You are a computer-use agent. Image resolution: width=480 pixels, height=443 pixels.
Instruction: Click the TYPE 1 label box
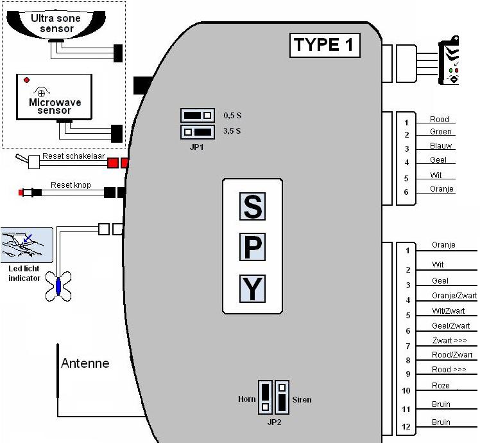[325, 45]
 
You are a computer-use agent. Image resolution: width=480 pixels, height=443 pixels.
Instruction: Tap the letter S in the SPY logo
[252, 206]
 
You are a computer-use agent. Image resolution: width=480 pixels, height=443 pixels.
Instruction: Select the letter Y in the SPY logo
[252, 289]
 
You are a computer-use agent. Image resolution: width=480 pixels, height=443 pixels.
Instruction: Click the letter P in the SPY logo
[252, 247]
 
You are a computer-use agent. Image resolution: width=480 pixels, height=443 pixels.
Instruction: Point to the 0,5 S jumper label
[232, 115]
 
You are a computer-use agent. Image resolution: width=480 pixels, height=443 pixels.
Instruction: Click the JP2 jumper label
[274, 422]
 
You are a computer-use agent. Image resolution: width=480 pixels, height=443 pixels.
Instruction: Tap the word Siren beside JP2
[302, 400]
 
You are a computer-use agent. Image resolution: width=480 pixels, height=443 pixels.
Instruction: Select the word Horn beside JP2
[246, 399]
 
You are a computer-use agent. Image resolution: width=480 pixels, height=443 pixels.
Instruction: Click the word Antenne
[85, 363]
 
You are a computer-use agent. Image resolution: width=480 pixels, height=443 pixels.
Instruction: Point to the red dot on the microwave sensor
[27, 80]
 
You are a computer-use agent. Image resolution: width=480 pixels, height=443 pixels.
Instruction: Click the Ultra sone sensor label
[56, 23]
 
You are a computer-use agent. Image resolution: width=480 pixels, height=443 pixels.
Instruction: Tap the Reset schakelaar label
[73, 156]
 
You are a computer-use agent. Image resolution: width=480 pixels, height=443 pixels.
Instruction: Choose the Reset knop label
[71, 185]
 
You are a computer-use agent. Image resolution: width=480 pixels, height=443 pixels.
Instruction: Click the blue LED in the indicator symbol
[58, 286]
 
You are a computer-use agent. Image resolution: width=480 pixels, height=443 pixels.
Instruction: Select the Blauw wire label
[441, 146]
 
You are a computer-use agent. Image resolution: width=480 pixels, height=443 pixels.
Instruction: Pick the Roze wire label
[441, 386]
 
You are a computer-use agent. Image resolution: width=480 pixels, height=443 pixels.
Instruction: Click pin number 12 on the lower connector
[406, 427]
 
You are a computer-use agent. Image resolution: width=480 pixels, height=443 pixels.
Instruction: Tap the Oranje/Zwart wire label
[454, 295]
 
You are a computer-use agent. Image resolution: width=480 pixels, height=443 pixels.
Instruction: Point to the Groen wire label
[441, 132]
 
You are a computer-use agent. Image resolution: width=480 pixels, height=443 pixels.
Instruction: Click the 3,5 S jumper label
[232, 131]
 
